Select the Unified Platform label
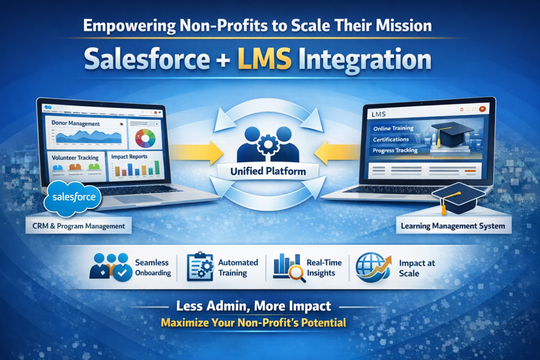(x=268, y=171)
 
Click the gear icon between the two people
(x=268, y=143)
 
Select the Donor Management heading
(x=76, y=124)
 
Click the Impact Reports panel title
(x=130, y=157)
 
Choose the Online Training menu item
(x=393, y=128)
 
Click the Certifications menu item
(x=391, y=139)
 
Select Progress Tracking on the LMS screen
(x=395, y=150)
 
